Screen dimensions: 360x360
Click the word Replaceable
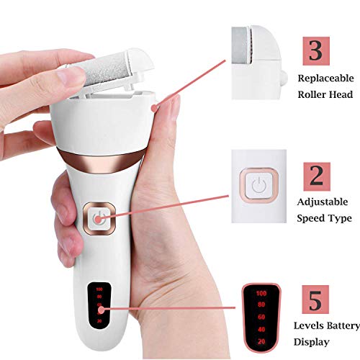pos(325,78)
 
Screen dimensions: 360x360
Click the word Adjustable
pos(324,204)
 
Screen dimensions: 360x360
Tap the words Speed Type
pos(324,218)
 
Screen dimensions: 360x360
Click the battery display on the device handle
pos(99,307)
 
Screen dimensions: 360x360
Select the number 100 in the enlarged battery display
pos(261,294)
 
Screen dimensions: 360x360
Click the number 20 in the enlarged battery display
pos(261,341)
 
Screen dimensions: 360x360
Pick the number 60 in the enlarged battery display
pos(261,318)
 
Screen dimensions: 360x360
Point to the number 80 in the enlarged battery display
pos(261,306)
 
